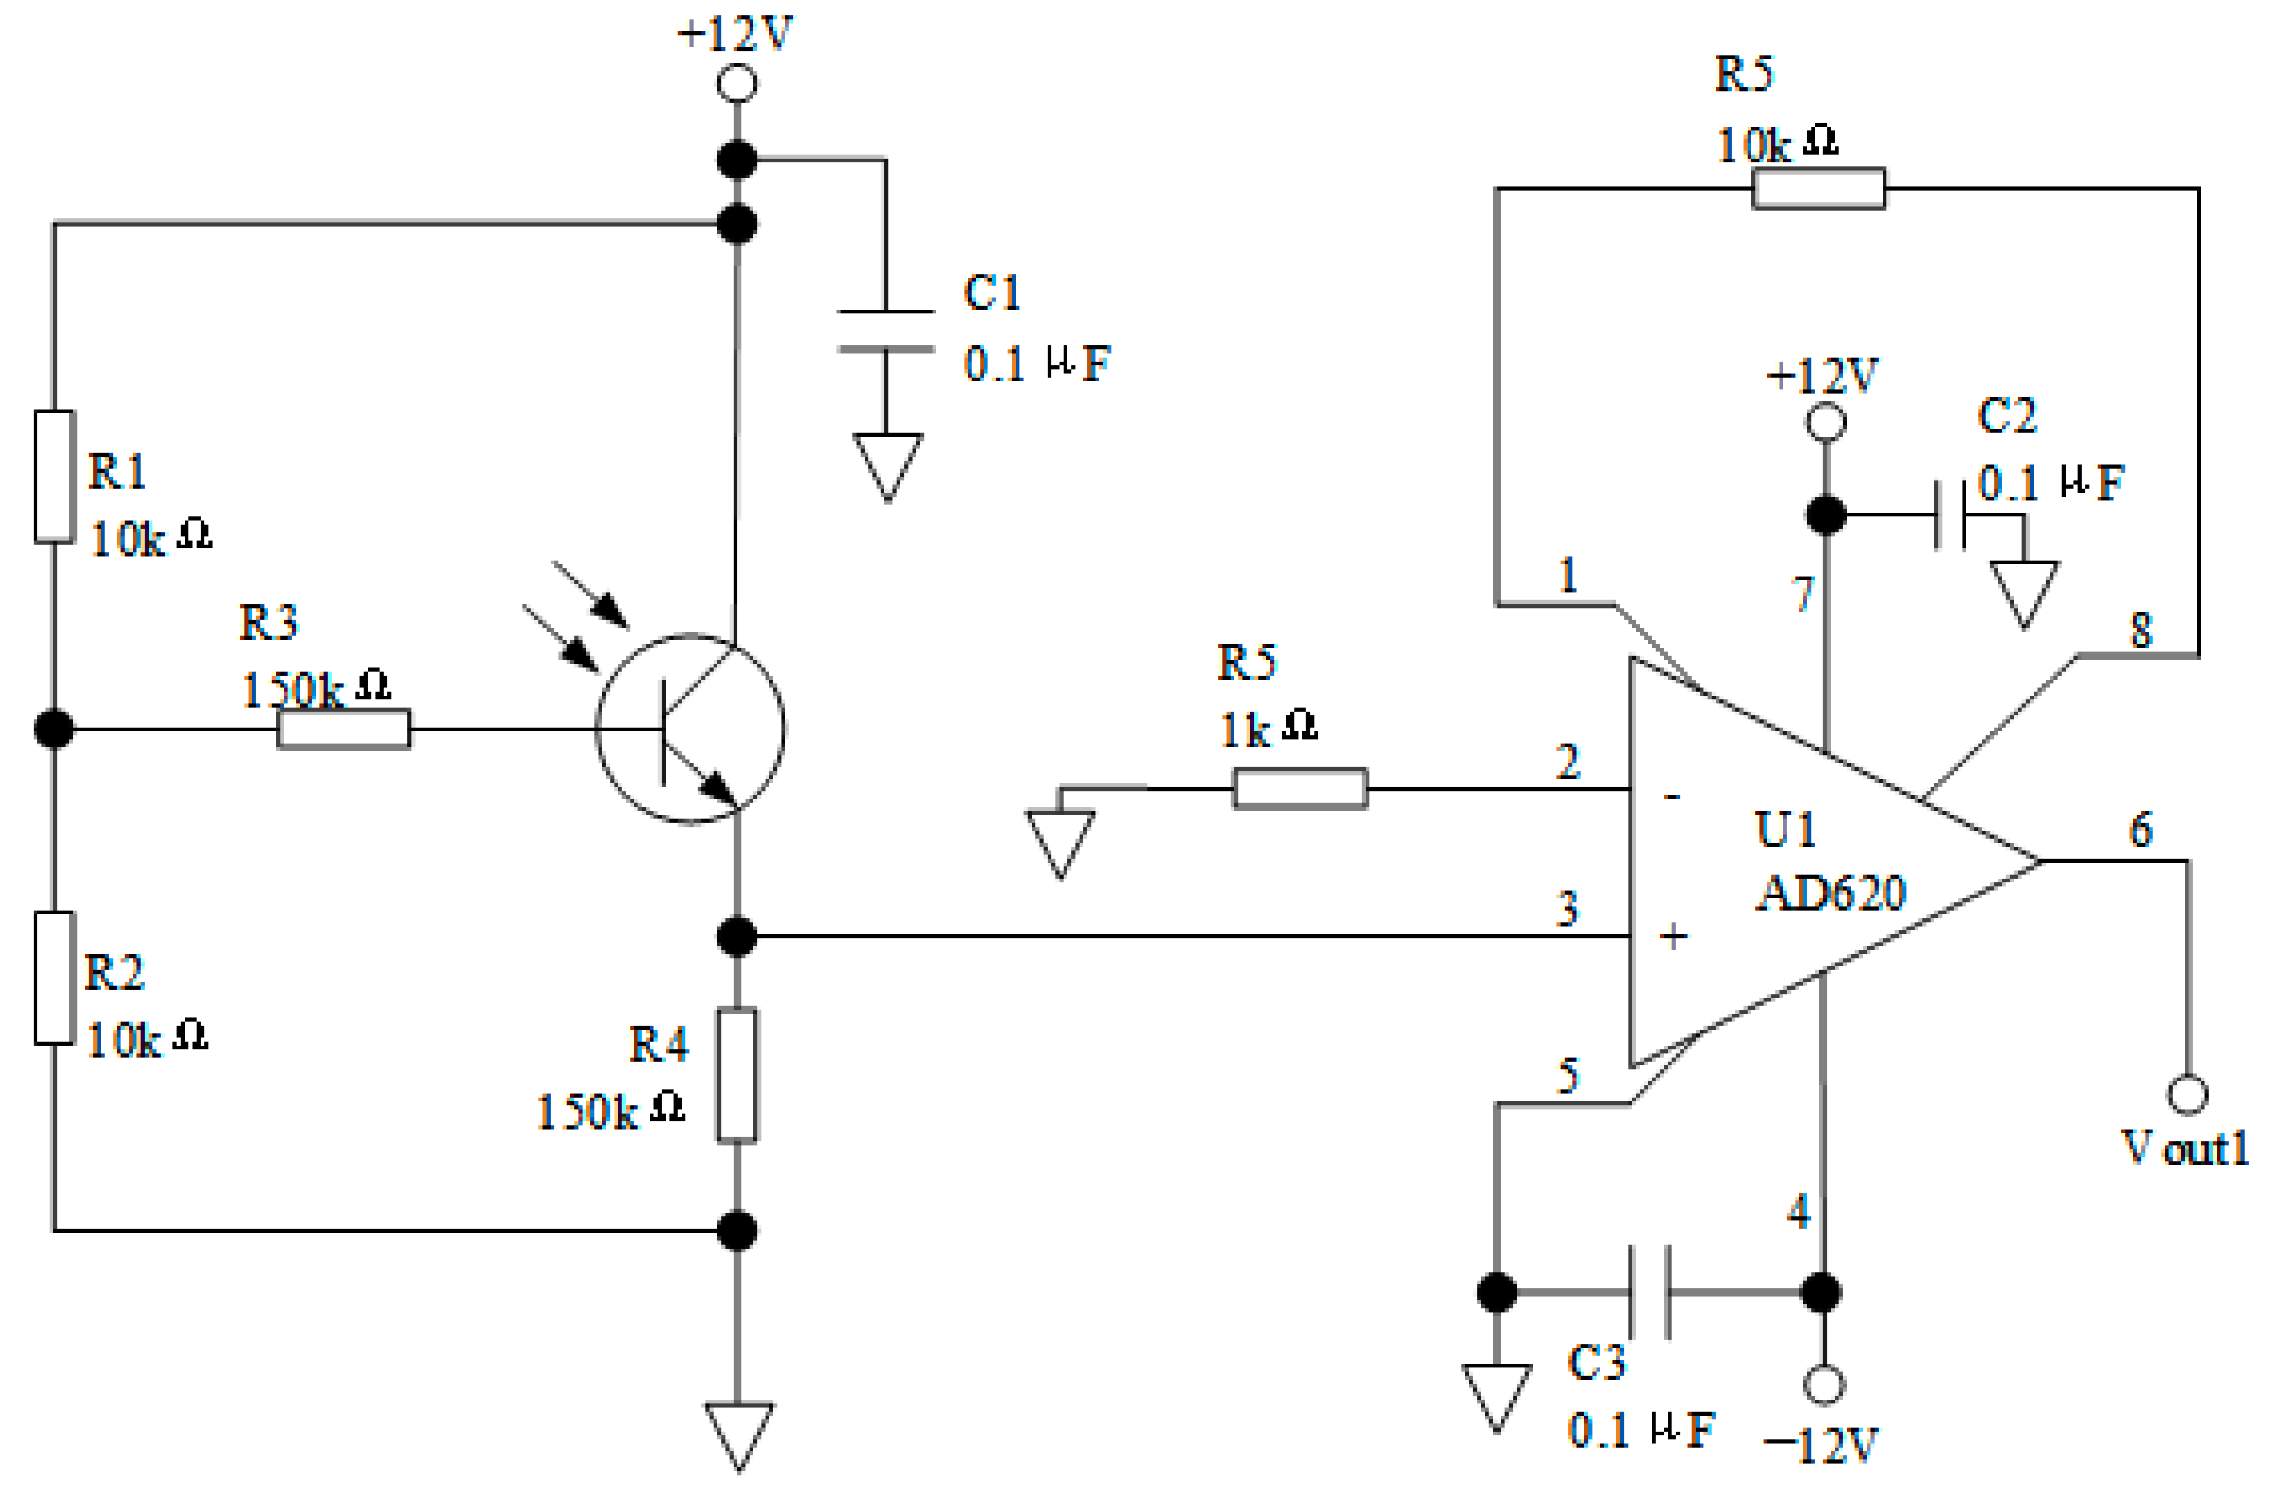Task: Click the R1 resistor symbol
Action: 54,476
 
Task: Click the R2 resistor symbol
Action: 54,977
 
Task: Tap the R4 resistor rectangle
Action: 737,1075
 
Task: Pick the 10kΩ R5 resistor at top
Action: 1819,188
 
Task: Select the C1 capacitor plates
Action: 887,331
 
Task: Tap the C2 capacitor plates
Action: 1950,516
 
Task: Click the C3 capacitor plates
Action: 1649,1292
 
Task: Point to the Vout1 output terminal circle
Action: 2187,1095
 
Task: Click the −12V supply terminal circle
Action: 1824,1384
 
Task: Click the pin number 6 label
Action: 2141,829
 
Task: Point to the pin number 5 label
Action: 1568,1076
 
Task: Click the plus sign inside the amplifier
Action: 1673,937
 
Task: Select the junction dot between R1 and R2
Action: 54,728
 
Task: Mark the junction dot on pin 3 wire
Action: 737,937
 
